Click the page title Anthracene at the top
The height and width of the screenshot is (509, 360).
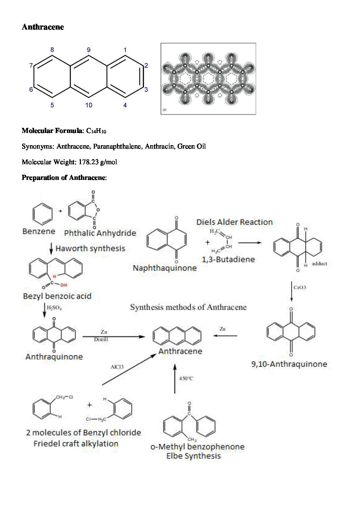43,27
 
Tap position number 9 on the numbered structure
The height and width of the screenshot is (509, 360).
89,50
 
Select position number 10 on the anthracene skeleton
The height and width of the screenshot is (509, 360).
89,105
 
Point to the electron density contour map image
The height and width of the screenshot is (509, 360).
208,79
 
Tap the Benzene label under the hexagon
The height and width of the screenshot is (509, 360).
39,232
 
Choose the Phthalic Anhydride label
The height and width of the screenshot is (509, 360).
100,233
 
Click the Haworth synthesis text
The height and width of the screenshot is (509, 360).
90,249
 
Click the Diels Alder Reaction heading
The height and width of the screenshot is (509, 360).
235,222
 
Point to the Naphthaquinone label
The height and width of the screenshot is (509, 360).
165,268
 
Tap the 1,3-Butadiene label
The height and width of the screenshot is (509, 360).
228,260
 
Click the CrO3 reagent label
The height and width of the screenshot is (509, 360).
300,288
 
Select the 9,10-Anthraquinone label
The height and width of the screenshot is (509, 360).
289,364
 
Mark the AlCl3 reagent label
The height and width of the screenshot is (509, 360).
117,367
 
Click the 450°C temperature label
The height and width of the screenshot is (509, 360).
186,378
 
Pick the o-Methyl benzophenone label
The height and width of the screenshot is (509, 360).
197,447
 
